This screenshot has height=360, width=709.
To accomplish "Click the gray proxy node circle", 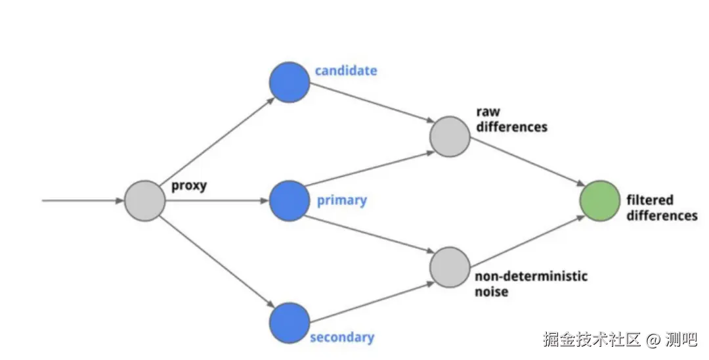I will (x=144, y=200).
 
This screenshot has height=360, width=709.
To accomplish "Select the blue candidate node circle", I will (x=289, y=81).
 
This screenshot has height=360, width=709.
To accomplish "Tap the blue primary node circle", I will (x=289, y=200).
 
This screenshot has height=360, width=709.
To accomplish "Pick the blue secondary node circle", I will (x=289, y=323).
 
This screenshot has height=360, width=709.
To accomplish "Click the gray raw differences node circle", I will (x=450, y=137).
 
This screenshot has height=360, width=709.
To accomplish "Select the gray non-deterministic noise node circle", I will (x=450, y=267).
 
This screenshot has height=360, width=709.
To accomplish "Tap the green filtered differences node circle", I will (x=600, y=200).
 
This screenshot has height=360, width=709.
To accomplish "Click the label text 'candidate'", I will (x=346, y=70).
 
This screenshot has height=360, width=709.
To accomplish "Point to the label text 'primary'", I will (x=341, y=200).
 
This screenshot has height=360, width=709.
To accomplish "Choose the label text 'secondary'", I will (x=341, y=338).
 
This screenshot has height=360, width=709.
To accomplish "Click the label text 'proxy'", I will (x=189, y=185).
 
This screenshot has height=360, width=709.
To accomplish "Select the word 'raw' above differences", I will (x=488, y=112).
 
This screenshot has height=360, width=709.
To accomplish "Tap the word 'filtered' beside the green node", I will (x=650, y=200).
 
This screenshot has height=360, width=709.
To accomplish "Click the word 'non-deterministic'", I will (x=530, y=276).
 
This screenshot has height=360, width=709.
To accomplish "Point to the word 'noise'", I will (x=491, y=291).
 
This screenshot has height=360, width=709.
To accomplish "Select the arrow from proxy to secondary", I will (x=217, y=261).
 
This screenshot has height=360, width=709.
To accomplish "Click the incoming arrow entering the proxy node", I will (x=83, y=200).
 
